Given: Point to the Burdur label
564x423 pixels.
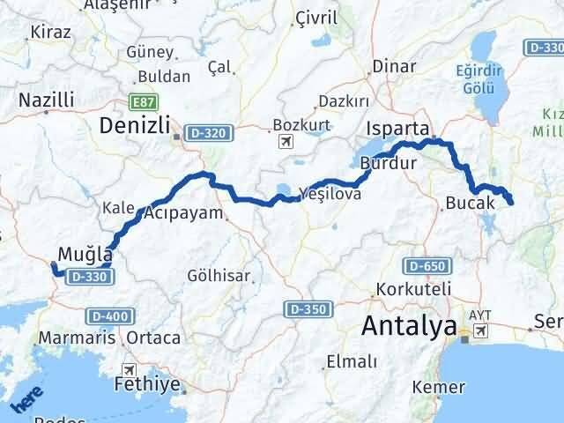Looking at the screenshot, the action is (387, 162).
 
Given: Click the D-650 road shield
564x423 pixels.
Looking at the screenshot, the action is (425, 265).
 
